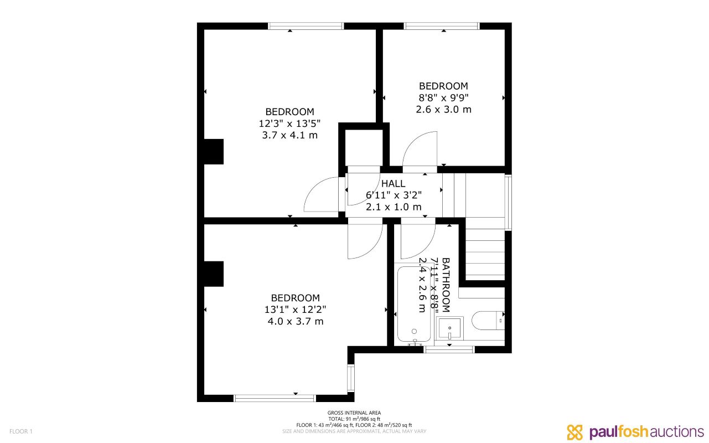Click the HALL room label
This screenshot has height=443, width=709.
pos(393,183)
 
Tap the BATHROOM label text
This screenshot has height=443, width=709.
pos(446,285)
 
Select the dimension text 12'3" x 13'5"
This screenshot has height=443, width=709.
pos(289,123)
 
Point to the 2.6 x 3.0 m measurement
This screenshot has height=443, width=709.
pos(443,110)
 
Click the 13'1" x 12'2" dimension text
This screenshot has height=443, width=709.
pos(296,310)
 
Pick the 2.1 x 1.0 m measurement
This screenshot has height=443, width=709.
pos(394,207)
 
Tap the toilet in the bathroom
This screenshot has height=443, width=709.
pos(488,321)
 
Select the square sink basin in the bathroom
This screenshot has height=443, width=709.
pos(449,328)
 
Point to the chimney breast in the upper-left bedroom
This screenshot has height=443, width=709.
pos(214,152)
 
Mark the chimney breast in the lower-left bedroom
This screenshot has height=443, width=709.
pos(214,274)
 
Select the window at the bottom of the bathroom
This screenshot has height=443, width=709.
pos(449,349)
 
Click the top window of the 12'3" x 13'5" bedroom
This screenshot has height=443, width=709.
pos(306,26)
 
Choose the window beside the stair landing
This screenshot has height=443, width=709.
pos(508,202)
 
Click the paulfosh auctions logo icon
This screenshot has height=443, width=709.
pos(575,432)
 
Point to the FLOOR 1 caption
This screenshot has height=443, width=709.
pos(21,431)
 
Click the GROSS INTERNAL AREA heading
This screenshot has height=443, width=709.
pos(354,413)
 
